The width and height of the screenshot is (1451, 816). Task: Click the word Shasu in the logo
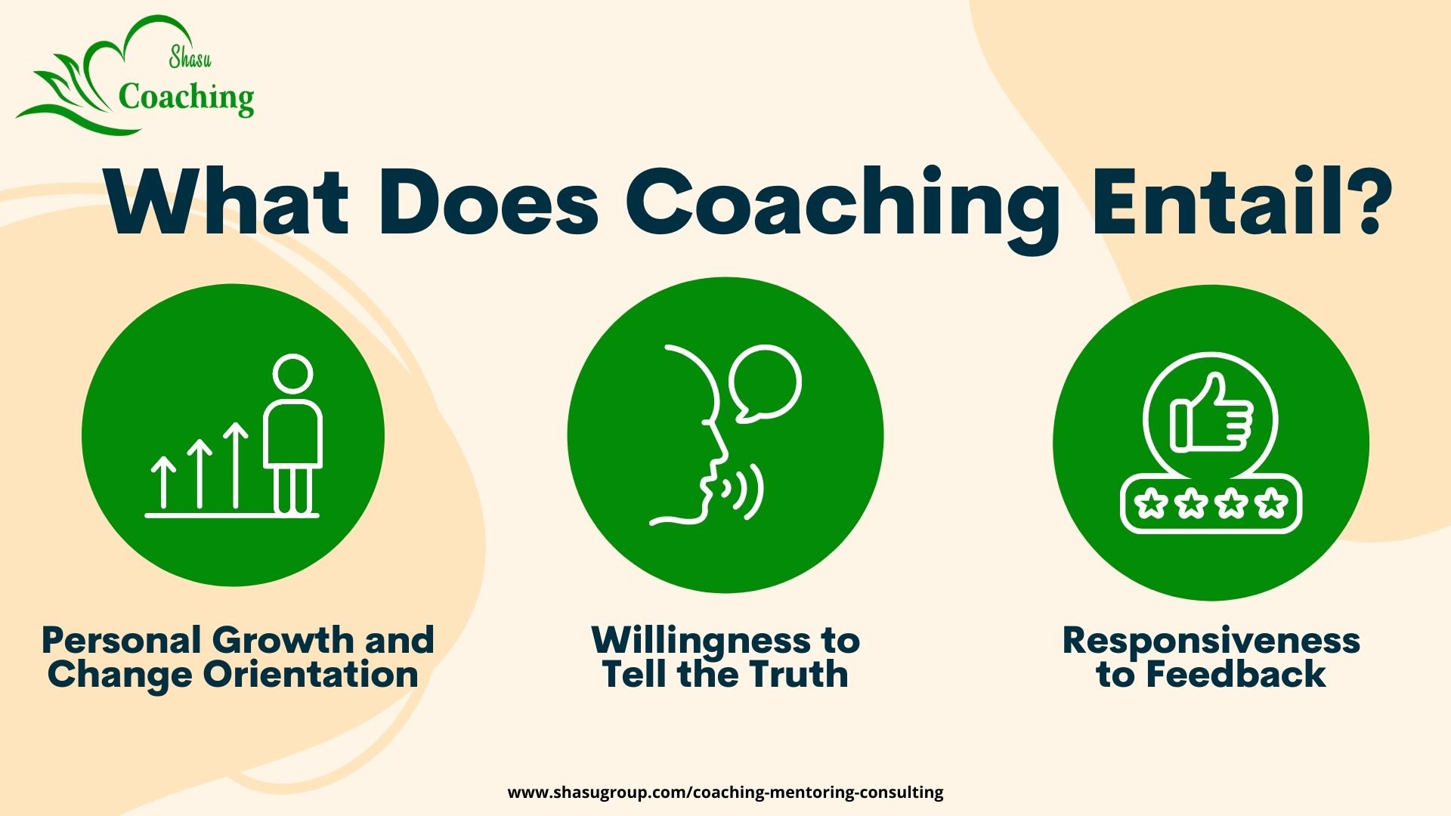pyautogui.click(x=190, y=57)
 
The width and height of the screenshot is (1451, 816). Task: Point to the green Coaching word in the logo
pyautogui.click(x=186, y=98)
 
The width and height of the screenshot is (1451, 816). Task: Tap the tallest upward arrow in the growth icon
pyautogui.click(x=236, y=465)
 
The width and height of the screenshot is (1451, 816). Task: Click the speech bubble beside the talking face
pyautogui.click(x=765, y=382)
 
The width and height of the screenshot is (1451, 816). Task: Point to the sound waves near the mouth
pyautogui.click(x=744, y=491)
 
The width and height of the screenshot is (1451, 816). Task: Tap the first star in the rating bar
pyautogui.click(x=1152, y=503)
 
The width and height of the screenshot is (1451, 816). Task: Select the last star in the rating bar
pyautogui.click(x=1271, y=503)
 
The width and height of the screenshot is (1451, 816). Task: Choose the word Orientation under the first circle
pyautogui.click(x=310, y=674)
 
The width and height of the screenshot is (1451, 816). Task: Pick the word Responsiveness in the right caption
pyautogui.click(x=1211, y=641)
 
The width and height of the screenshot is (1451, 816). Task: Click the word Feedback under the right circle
pyautogui.click(x=1236, y=674)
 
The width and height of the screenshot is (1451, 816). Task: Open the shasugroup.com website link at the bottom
pyautogui.click(x=725, y=793)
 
